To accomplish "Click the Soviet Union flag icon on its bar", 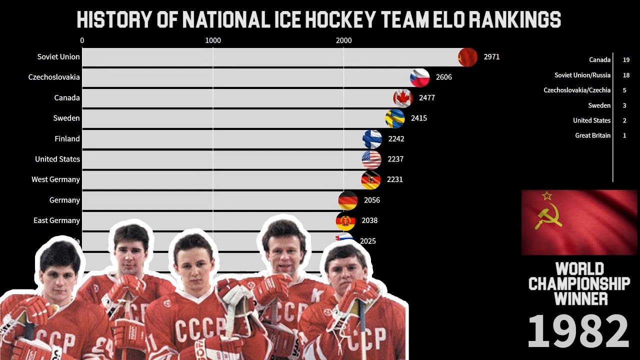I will [468, 57].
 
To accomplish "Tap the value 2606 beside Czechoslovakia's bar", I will [444, 77].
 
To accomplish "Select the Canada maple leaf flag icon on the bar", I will [403, 98].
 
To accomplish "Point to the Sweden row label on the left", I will [66, 118].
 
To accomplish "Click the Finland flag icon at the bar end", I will [372, 139].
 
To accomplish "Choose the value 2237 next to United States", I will [395, 159].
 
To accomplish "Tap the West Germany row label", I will [55, 179].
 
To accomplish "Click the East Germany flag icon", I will [345, 220].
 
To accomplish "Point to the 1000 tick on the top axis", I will [213, 40].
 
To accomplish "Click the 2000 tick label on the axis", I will [343, 40].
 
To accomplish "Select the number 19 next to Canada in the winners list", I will [626, 60].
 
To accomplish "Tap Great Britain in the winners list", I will [592, 135].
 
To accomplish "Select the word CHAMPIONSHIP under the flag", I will [579, 284].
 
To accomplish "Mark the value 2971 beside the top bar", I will [491, 57].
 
